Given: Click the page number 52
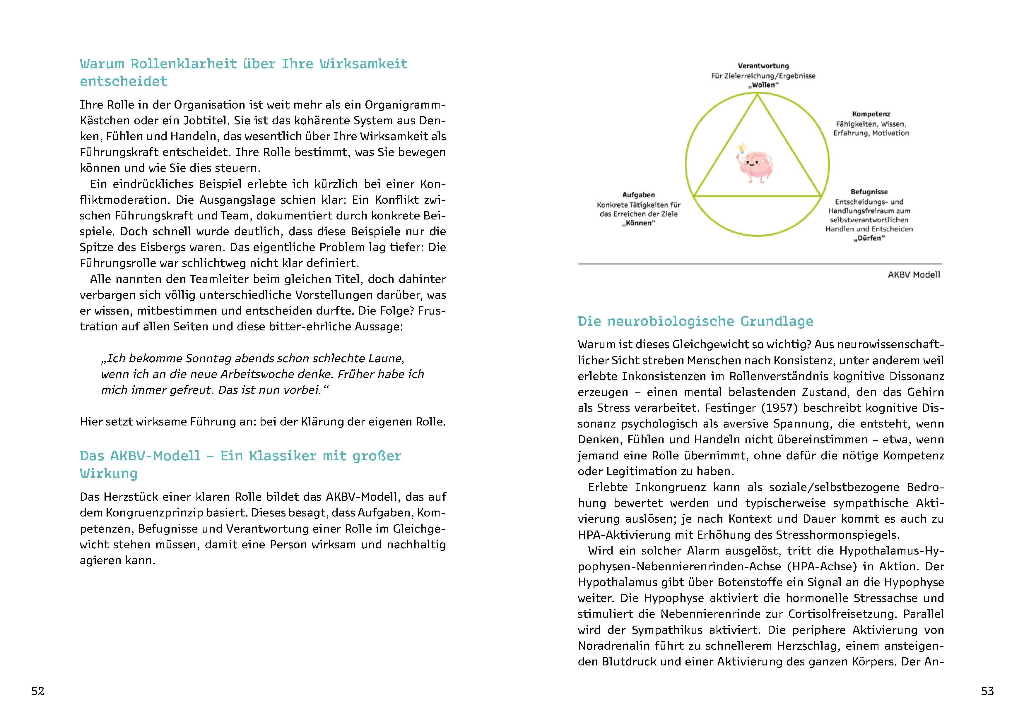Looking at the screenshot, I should (38, 691).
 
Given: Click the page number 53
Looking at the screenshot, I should (987, 691).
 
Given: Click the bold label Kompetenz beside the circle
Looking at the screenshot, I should (871, 114).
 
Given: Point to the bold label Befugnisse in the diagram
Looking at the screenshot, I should (869, 192).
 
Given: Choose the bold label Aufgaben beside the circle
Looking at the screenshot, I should (638, 195).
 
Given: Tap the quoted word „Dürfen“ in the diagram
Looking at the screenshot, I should (869, 238).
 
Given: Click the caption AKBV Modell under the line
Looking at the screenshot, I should (914, 275).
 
